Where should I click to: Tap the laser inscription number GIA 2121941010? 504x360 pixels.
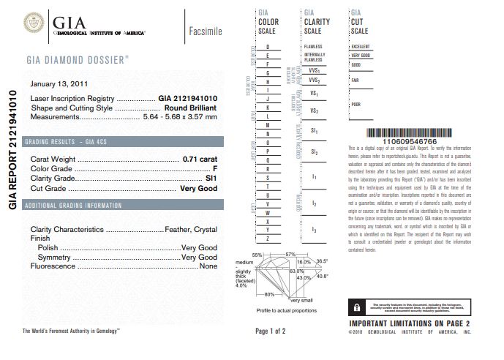[x=188, y=98]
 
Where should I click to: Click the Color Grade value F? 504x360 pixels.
[x=215, y=169]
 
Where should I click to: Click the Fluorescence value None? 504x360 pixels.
[x=208, y=266]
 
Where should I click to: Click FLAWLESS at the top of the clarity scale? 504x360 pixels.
[x=312, y=46]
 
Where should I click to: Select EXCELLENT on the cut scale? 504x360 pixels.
[x=361, y=46]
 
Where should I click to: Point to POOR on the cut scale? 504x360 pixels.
[x=356, y=104]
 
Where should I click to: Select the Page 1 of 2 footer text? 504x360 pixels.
[x=270, y=331]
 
